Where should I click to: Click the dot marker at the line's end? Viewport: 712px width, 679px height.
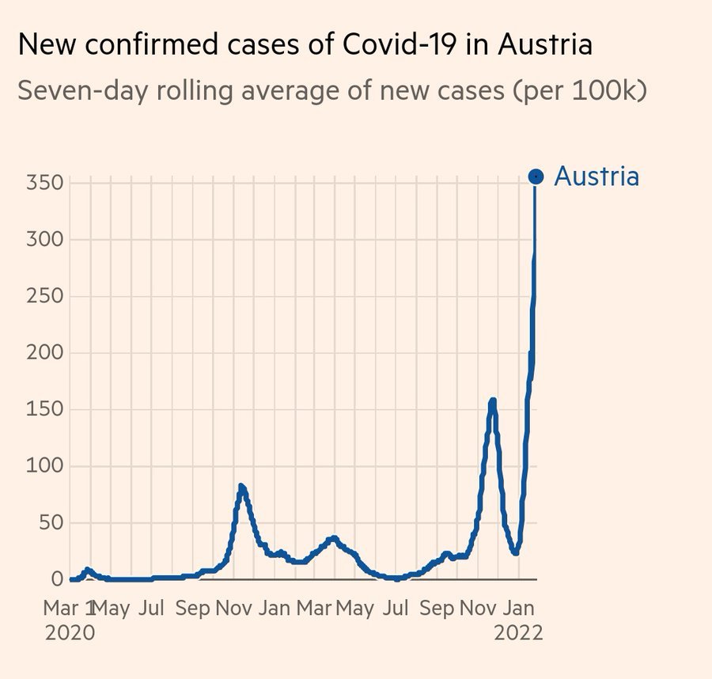(x=536, y=176)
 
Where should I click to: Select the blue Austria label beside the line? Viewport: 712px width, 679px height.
(x=596, y=176)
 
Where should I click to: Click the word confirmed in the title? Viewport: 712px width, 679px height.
(x=148, y=44)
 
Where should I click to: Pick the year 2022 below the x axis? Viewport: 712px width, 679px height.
(x=518, y=633)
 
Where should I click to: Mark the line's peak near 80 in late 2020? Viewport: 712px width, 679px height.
(x=242, y=487)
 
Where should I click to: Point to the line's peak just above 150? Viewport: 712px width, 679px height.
(x=492, y=401)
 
